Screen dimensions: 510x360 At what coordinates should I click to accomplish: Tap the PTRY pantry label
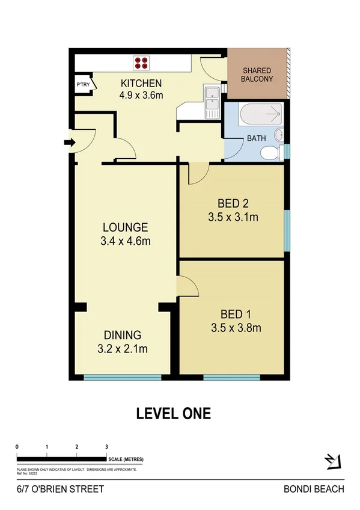82,85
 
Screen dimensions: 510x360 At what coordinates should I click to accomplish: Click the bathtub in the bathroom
260,114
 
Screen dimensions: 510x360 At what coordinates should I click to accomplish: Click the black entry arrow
69,143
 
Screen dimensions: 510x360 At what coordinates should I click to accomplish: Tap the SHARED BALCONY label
257,75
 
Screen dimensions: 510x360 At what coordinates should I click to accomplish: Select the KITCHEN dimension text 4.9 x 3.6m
141,94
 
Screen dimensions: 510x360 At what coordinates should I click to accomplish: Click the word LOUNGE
125,227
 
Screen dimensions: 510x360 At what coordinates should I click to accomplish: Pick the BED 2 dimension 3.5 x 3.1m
232,217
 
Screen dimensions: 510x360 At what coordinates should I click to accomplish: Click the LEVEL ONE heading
174,413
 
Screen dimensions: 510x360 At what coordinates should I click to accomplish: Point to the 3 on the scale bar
106,447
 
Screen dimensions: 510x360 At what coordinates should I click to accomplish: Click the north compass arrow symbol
332,461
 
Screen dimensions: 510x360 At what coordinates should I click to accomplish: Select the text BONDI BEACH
314,489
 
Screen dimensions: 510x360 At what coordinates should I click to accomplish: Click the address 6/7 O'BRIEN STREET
60,489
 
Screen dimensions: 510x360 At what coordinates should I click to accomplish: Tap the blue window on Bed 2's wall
286,230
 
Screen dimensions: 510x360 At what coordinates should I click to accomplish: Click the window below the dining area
123,378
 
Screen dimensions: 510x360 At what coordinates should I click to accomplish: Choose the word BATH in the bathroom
257,138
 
